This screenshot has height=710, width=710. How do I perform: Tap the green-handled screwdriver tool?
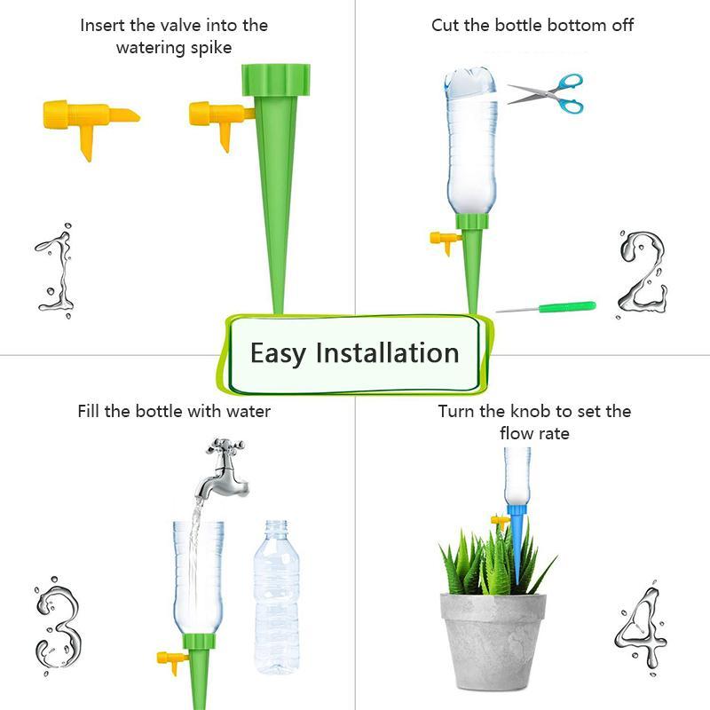pyautogui.click(x=546, y=308)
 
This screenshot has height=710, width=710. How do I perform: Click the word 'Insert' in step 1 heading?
pyautogui.click(x=102, y=25)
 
